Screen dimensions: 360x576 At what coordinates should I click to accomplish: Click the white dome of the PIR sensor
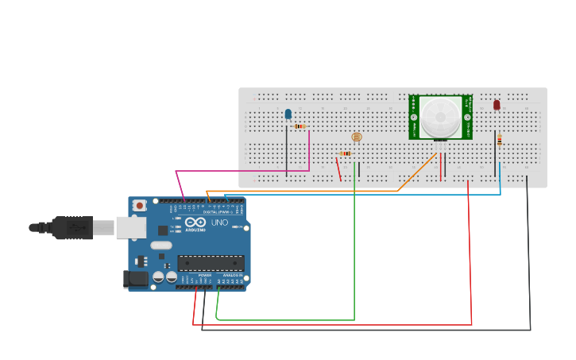[x=439, y=117]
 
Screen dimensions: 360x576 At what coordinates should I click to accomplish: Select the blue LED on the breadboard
[x=288, y=114]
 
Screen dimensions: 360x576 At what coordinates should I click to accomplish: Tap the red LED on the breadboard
[x=497, y=105]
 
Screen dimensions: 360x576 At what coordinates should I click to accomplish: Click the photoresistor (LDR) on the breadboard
[x=356, y=137]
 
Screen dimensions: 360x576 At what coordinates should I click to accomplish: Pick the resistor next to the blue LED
[x=300, y=126]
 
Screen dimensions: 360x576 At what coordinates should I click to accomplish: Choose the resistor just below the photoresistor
[x=346, y=153]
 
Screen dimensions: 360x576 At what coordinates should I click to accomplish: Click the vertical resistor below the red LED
[x=499, y=141]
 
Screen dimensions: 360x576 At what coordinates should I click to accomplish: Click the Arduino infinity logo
[x=195, y=223]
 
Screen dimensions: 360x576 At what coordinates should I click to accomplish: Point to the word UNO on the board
[x=219, y=223]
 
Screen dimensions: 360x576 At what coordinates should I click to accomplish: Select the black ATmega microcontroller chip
[x=211, y=263]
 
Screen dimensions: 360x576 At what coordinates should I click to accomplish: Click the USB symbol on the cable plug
[x=77, y=228]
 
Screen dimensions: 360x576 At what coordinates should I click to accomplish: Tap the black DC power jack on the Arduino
[x=137, y=279]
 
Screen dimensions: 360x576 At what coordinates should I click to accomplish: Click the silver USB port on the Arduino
[x=130, y=227]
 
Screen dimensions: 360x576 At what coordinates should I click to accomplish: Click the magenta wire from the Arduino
[x=238, y=170]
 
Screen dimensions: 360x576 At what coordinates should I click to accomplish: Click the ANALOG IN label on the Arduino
[x=231, y=275]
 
